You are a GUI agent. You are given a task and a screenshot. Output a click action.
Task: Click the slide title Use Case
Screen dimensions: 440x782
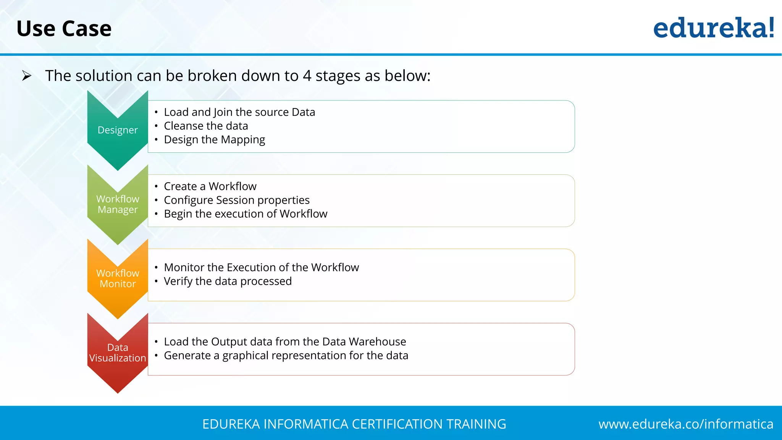click(64, 29)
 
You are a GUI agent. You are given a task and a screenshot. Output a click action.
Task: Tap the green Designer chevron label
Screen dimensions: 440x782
click(118, 130)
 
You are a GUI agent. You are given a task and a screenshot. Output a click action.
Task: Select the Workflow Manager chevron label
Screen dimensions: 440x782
click(118, 204)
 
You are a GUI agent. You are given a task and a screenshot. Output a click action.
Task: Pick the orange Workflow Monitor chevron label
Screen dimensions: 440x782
click(118, 278)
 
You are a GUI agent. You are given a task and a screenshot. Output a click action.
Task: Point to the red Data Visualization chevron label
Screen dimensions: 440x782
click(118, 353)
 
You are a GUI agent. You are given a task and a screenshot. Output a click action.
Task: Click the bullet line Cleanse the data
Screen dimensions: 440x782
click(206, 126)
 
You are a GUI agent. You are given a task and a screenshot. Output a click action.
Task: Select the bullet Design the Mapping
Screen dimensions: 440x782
click(214, 140)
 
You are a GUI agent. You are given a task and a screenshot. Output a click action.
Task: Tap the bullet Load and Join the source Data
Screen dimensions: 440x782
click(239, 112)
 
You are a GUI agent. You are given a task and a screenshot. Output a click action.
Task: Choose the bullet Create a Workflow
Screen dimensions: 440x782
click(210, 186)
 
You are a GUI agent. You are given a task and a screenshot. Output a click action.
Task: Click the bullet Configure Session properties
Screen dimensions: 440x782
click(237, 200)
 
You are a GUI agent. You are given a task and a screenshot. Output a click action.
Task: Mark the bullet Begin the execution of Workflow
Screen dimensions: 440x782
click(246, 214)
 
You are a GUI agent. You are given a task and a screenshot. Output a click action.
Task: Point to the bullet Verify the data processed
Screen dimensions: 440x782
click(228, 281)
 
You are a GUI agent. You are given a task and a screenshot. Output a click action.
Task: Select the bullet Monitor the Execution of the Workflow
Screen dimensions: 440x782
click(261, 267)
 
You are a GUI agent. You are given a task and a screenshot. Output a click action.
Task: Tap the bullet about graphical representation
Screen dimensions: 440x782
click(286, 356)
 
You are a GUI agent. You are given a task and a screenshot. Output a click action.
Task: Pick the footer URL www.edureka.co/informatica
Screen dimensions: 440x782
click(686, 424)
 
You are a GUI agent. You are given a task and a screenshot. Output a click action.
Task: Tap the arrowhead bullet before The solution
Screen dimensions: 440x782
click(26, 76)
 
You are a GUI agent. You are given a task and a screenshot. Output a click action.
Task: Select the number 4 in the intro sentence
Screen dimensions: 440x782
click(307, 76)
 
